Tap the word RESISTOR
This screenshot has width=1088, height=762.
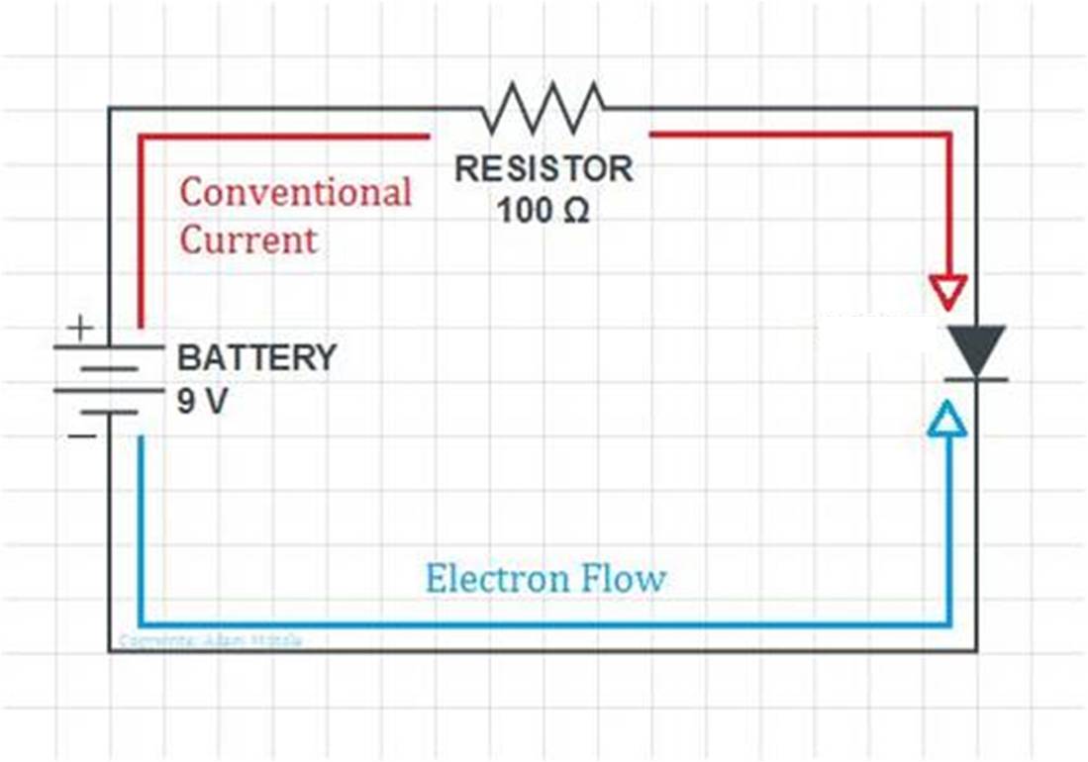tap(544, 168)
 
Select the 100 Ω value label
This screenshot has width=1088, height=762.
tap(544, 210)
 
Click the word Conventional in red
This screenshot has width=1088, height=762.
tap(295, 192)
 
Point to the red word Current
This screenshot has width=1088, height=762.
tap(248, 239)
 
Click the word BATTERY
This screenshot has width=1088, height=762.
tap(256, 356)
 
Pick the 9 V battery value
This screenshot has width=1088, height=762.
tap(202, 404)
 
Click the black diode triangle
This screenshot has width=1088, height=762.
tap(976, 348)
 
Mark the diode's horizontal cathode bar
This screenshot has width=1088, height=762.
tap(976, 379)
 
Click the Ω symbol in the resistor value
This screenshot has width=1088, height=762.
tap(577, 211)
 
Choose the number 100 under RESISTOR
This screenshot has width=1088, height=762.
tap(523, 210)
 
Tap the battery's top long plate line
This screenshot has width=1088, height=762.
tap(109, 346)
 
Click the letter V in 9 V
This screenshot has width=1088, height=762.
tap(215, 404)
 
